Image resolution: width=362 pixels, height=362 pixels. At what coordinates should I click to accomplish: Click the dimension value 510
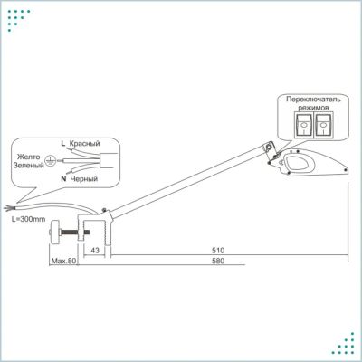pyautogui.click(x=218, y=251)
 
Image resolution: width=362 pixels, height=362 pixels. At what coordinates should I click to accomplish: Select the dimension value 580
pyautogui.click(x=218, y=261)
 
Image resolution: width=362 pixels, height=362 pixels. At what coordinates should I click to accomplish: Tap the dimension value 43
pyautogui.click(x=95, y=251)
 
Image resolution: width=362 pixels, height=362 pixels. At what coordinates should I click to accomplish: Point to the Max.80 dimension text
pyautogui.click(x=63, y=261)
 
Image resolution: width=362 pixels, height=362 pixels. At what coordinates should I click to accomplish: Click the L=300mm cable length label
pyautogui.click(x=28, y=219)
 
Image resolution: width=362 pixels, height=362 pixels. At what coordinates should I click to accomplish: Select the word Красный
pyautogui.click(x=84, y=143)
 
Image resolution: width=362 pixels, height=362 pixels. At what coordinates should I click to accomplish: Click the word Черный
pyautogui.click(x=84, y=179)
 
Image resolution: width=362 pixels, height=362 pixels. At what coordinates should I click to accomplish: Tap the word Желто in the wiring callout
pyautogui.click(x=28, y=157)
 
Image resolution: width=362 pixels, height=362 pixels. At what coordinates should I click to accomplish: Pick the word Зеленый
pyautogui.click(x=29, y=166)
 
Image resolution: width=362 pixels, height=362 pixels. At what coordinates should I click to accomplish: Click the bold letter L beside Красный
pyautogui.click(x=62, y=143)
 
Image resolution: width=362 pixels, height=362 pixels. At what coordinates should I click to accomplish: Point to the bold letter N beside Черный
pyautogui.click(x=63, y=179)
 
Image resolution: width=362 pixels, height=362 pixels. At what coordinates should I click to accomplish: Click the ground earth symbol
pyautogui.click(x=50, y=161)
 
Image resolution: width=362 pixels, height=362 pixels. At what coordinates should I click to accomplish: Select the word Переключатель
pyautogui.click(x=313, y=99)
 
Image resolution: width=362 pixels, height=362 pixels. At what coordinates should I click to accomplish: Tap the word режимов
pyautogui.click(x=313, y=108)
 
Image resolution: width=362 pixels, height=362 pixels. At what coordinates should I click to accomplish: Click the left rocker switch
pyautogui.click(x=303, y=125)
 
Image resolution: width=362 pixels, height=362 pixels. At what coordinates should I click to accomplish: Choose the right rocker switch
pyautogui.click(x=323, y=125)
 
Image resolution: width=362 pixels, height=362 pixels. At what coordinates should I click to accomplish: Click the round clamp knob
pyautogui.click(x=55, y=233)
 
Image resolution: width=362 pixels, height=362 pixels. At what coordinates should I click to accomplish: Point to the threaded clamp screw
pyautogui.click(x=75, y=233)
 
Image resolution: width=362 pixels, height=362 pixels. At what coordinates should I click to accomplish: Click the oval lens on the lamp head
pyautogui.click(x=298, y=162)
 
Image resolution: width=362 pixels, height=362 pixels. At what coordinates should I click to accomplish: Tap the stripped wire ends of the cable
pyautogui.click(x=8, y=207)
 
